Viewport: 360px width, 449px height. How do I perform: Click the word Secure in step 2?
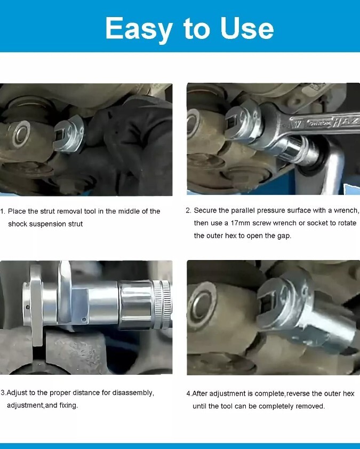pos(205,210)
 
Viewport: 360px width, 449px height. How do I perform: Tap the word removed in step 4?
pos(309,407)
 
